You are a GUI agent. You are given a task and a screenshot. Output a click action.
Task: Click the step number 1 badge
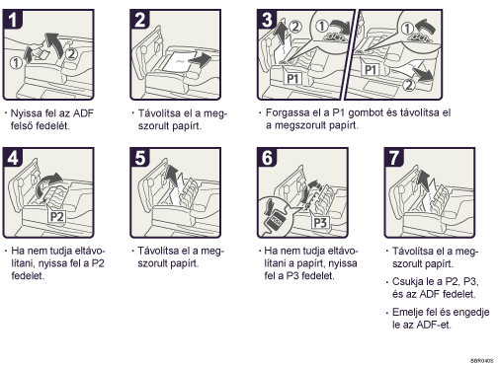(13, 20)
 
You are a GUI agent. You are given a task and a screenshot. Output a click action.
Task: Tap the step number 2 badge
(140, 20)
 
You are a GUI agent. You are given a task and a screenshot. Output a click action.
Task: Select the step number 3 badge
(267, 20)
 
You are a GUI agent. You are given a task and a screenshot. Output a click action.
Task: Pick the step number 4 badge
(13, 158)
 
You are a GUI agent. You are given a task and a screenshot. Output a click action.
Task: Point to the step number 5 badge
(140, 158)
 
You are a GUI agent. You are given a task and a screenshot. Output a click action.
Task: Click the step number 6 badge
(267, 158)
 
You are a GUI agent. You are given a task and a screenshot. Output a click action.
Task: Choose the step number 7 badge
(394, 158)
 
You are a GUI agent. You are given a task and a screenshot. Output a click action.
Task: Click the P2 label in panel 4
(57, 217)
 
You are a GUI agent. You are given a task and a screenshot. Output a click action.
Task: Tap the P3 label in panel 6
(320, 223)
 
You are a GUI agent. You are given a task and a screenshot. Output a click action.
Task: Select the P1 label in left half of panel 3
(292, 79)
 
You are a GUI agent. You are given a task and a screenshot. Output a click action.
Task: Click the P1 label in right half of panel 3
(371, 69)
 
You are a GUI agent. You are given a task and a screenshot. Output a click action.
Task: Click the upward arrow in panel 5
(172, 177)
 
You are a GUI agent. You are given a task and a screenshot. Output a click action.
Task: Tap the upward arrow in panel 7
(425, 180)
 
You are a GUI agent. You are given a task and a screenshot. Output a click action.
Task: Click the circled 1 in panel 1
(16, 63)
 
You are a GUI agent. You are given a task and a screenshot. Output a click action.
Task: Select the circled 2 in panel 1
(71, 53)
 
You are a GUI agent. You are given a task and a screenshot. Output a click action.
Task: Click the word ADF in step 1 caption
(83, 113)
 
